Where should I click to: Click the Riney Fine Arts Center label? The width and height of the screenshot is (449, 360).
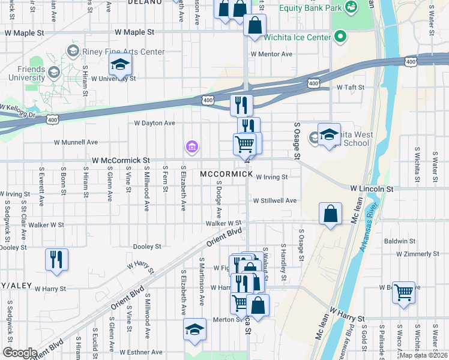124,52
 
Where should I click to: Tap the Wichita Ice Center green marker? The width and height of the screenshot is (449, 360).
341,37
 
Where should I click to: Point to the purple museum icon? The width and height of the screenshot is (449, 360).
191,146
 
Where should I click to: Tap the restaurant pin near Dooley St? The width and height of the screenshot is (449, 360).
56,259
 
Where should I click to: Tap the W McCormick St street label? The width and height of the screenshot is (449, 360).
121,161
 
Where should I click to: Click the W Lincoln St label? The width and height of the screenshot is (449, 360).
372,188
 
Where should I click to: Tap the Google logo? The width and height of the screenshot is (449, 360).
19,353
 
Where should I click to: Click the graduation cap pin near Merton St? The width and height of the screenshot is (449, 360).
194,329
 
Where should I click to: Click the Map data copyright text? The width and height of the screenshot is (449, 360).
423,355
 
